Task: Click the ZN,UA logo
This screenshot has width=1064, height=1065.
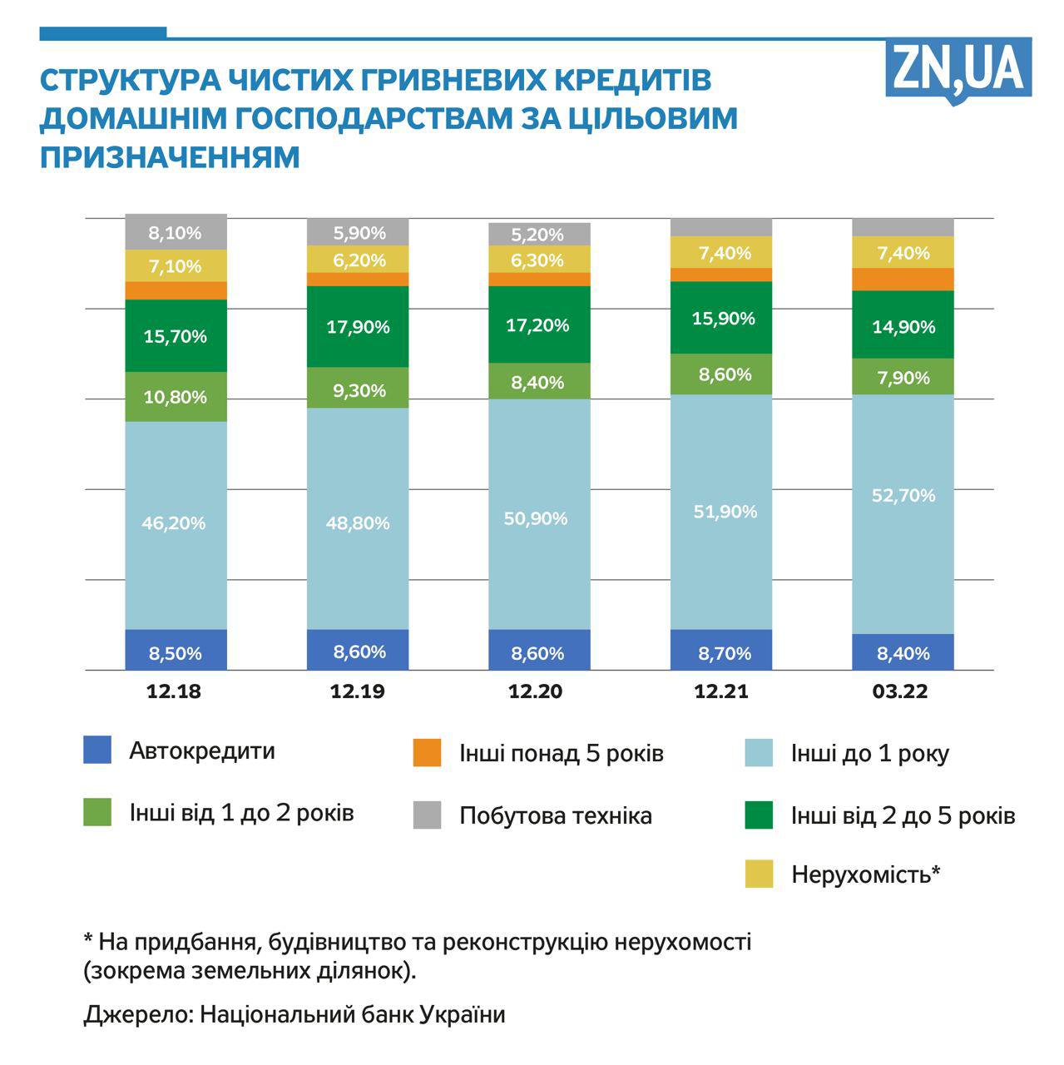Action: click(x=958, y=69)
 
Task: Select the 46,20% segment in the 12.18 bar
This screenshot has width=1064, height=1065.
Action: click(x=176, y=524)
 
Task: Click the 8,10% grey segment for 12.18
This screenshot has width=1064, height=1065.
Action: click(x=176, y=232)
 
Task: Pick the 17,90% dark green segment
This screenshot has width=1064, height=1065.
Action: click(x=358, y=327)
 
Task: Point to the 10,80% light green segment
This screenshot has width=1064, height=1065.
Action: click(x=176, y=397)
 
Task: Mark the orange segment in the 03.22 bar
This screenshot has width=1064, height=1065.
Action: click(x=903, y=280)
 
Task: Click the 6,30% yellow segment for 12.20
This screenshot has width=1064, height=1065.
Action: click(x=539, y=260)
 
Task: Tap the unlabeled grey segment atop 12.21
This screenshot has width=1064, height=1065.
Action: click(x=721, y=227)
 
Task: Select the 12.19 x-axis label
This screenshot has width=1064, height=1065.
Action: click(x=358, y=691)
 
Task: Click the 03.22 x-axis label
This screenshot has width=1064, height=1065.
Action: click(x=900, y=691)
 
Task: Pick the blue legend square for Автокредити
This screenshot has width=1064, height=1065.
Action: click(x=97, y=750)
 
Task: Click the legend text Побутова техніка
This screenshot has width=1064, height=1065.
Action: click(x=556, y=815)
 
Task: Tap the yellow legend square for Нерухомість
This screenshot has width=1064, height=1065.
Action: click(x=759, y=874)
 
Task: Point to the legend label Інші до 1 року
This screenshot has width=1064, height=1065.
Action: click(x=870, y=754)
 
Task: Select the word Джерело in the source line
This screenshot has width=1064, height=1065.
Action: click(x=138, y=1015)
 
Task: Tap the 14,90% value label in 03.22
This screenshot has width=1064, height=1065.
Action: click(x=903, y=327)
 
